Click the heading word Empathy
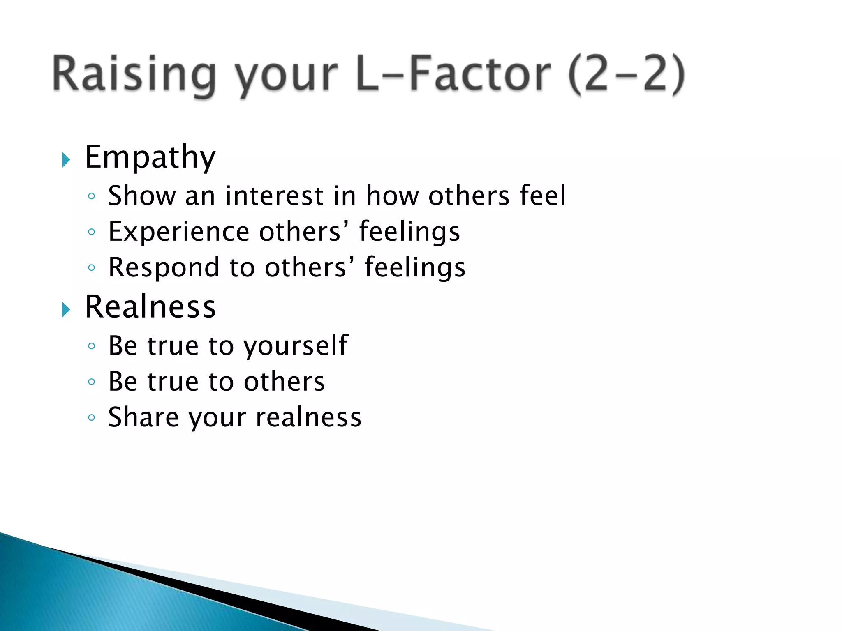pos(150,158)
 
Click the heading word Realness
pos(150,307)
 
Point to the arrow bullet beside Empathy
pos(66,160)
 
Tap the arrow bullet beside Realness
pos(66,309)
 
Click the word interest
pos(274,196)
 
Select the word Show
pos(142,196)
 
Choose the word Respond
pos(164,267)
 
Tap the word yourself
pos(296,346)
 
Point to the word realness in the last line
pos(308,417)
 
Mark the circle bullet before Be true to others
pos(92,382)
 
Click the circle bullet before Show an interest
pos(92,196)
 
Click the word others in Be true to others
pos(284,382)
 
